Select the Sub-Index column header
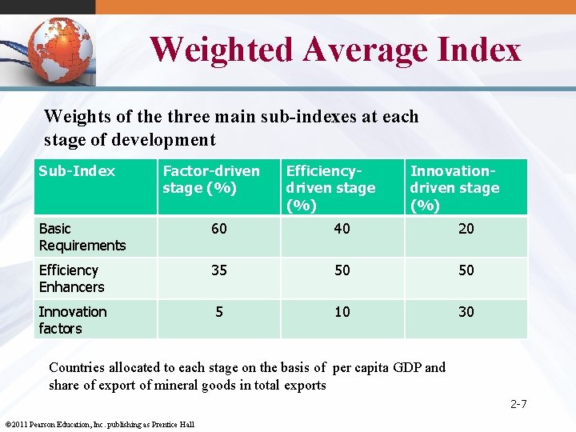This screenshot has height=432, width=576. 77,171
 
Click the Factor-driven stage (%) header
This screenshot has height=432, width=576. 211,179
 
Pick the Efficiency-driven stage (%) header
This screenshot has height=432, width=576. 330,187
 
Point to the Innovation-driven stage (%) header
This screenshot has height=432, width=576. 454,187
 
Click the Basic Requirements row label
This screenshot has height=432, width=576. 82,237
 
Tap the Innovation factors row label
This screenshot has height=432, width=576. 72,320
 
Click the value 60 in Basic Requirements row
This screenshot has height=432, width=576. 218,229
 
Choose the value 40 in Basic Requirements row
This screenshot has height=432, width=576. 342,229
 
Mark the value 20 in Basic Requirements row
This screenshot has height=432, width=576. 466,229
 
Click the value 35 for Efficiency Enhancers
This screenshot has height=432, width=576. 218,270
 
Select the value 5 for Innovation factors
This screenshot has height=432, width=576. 218,312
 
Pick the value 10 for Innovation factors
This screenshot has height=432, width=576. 342,312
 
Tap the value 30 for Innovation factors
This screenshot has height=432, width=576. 466,312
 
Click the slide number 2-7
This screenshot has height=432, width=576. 518,404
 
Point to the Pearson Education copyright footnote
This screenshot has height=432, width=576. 99,424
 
